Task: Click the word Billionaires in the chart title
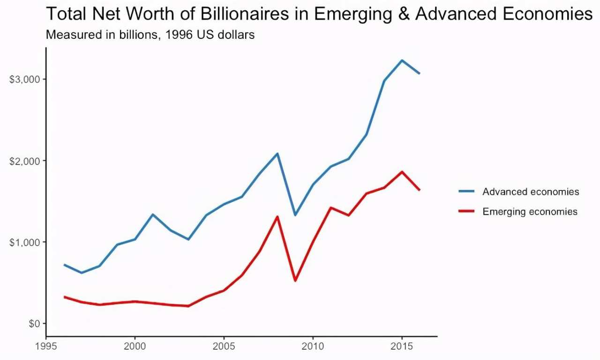[x=245, y=14]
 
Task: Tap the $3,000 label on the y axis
[x=24, y=79]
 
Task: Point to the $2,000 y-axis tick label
[x=24, y=161]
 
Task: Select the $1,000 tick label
[x=24, y=242]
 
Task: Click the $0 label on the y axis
[x=34, y=323]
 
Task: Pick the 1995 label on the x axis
[x=46, y=346]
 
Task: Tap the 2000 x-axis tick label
[x=135, y=346]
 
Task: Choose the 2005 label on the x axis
[x=224, y=346]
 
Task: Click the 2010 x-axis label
[x=313, y=346]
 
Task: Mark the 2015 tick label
[x=402, y=346]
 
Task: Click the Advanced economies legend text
[x=531, y=192]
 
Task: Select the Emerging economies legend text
[x=530, y=211]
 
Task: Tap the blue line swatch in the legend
[x=466, y=191]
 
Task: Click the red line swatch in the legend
[x=466, y=211]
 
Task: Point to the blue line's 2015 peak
[x=402, y=60]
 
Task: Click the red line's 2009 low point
[x=295, y=280]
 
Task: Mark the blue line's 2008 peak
[x=277, y=154]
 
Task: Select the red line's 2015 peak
[x=402, y=172]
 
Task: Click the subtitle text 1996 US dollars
[x=210, y=35]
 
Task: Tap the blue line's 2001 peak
[x=153, y=215]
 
